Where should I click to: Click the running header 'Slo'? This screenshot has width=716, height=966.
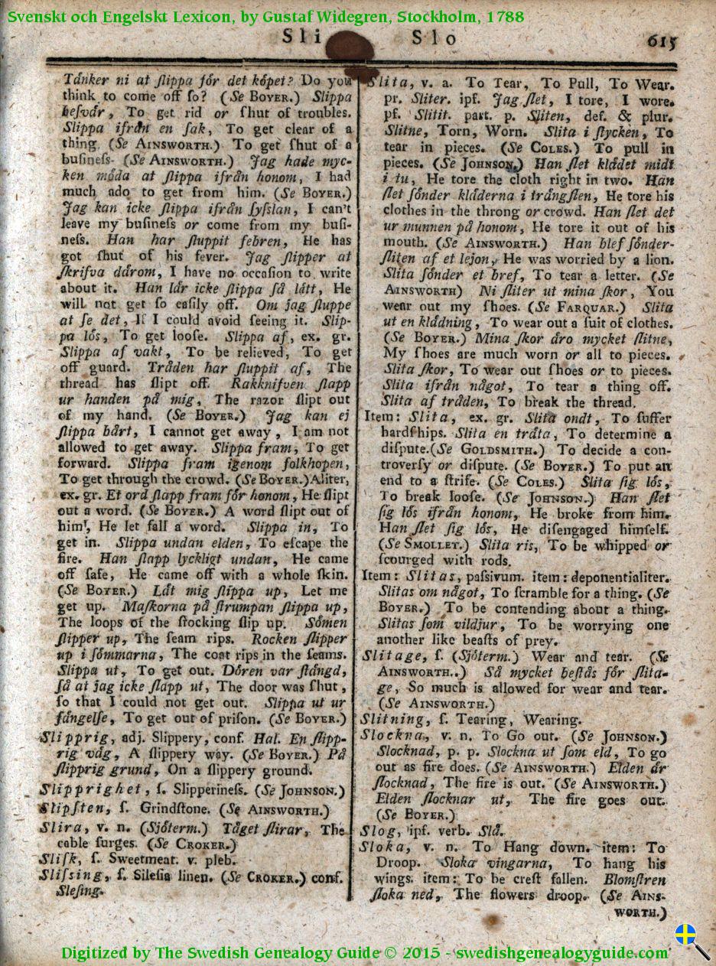[434, 37]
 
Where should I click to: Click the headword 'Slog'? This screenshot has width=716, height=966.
[379, 831]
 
